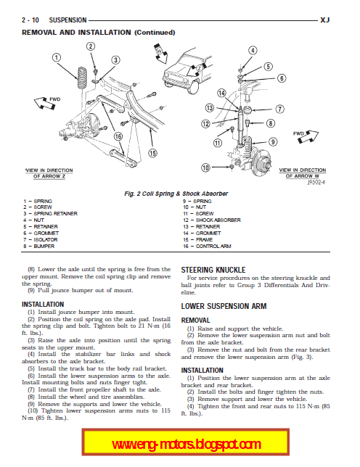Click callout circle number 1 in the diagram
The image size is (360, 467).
(57, 57)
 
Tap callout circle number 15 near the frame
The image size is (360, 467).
(152, 153)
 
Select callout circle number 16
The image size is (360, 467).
(118, 136)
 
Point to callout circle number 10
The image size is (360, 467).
(205, 168)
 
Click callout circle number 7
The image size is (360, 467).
(279, 109)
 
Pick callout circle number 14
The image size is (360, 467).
(221, 94)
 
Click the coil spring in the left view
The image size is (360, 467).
(82, 78)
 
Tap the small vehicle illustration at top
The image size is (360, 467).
(187, 71)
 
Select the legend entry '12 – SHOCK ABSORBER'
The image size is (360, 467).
(212, 220)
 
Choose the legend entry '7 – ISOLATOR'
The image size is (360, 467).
(40, 240)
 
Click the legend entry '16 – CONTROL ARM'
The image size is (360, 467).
(207, 247)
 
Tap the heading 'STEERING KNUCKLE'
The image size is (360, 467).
(213, 270)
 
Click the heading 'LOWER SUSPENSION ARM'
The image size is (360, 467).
(224, 306)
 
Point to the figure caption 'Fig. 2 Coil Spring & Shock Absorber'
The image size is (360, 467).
(176, 194)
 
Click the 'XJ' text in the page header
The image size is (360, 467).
(325, 20)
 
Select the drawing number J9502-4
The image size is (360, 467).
(316, 182)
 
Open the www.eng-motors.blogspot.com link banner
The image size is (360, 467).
(185, 442)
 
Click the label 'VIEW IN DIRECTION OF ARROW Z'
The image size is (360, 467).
(49, 173)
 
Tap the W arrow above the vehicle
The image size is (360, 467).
(160, 54)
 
